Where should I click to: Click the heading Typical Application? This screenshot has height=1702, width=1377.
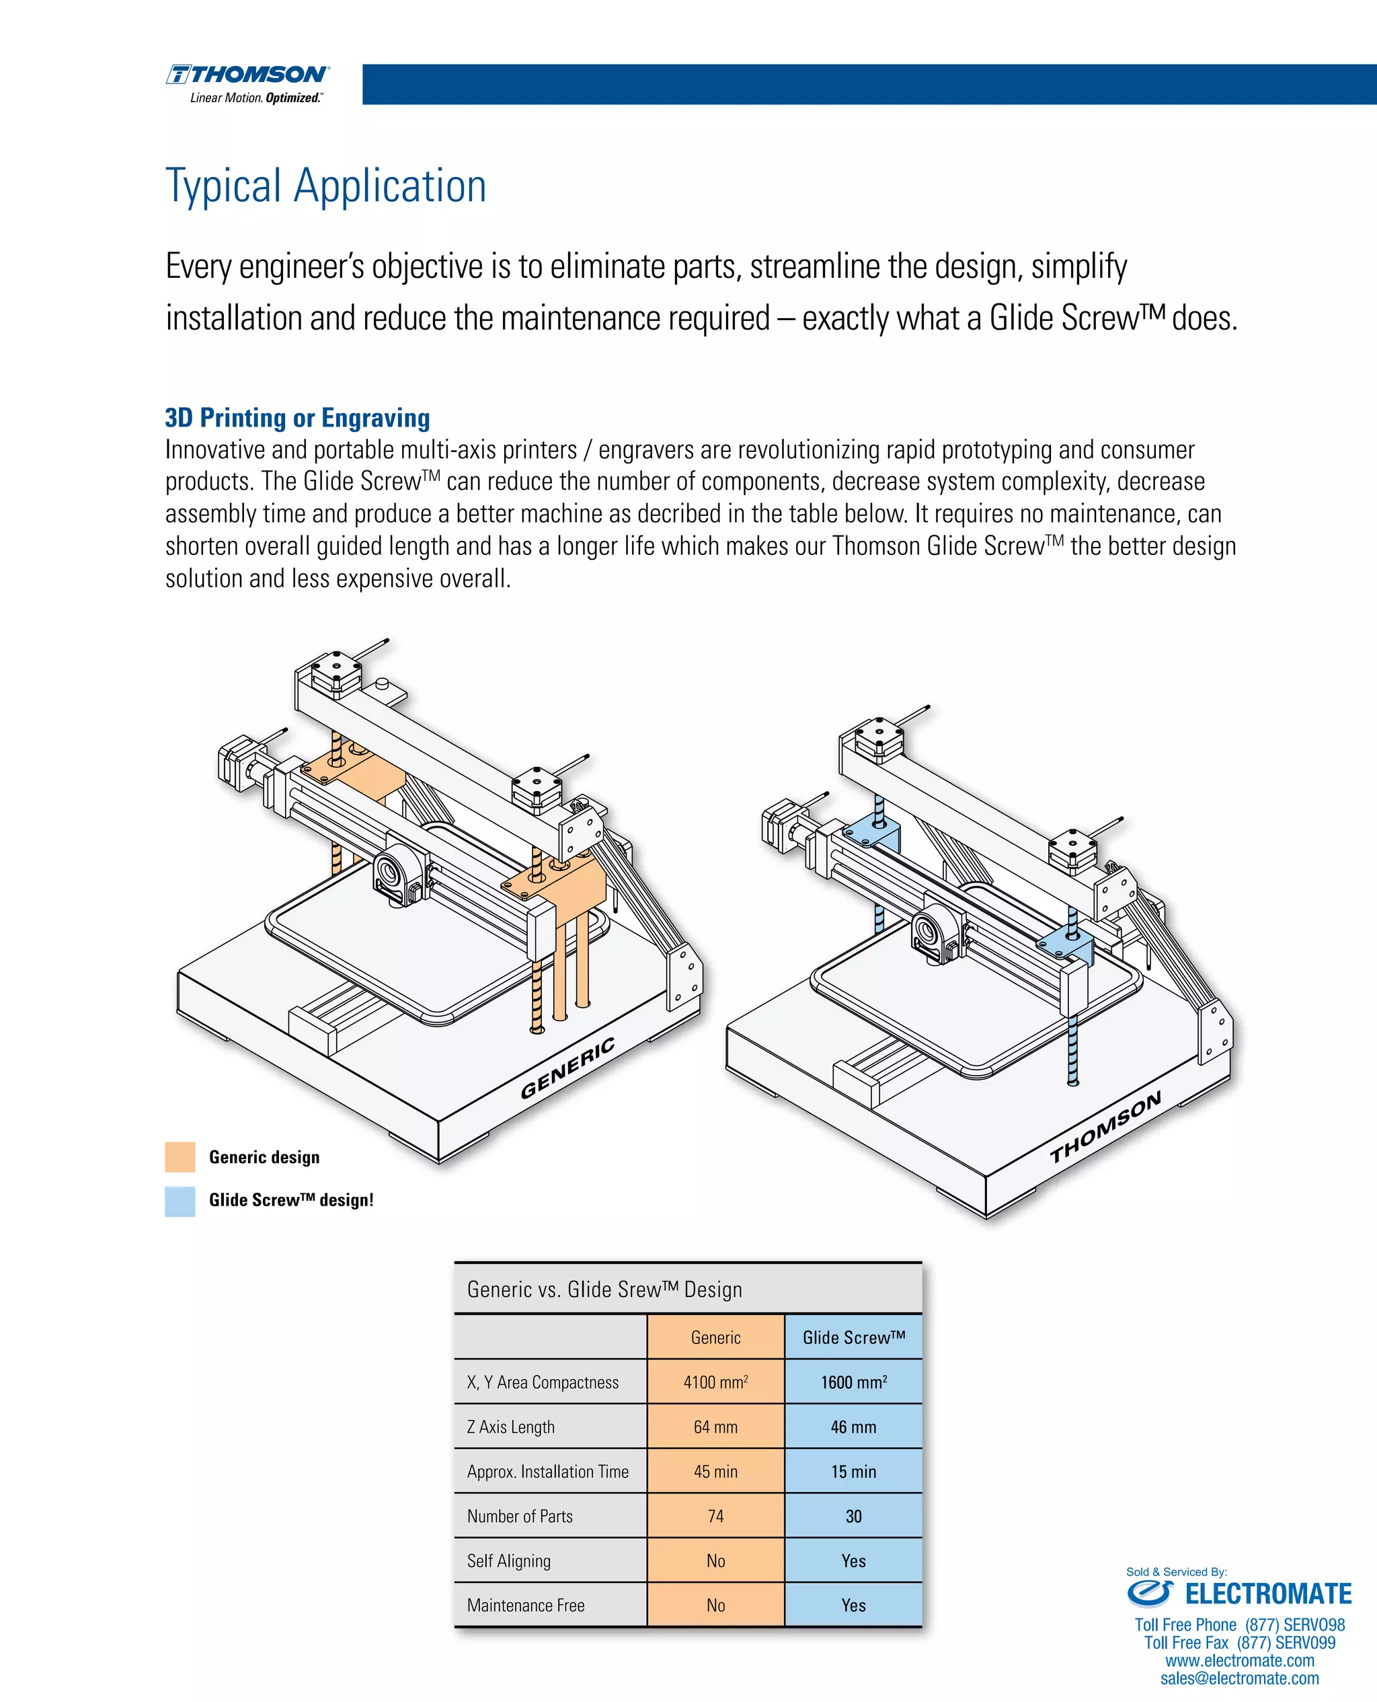[x=325, y=186]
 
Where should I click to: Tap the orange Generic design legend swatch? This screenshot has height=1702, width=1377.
[x=180, y=1157]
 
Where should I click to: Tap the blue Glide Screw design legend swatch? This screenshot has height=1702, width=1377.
[x=180, y=1201]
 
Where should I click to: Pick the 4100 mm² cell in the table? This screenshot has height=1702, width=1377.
[x=715, y=1382]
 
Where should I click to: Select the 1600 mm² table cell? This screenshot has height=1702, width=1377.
[x=853, y=1382]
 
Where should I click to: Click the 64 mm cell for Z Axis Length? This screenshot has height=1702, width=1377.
[x=715, y=1427]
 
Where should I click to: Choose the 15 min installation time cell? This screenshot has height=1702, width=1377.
[x=853, y=1471]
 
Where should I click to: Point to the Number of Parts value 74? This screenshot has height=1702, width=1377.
[x=715, y=1516]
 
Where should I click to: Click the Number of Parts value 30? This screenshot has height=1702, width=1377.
[x=853, y=1516]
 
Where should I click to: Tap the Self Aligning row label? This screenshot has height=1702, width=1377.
[x=508, y=1561]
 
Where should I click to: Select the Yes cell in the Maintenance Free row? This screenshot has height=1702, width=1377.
[x=853, y=1605]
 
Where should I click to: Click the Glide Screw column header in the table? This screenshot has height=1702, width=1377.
[x=853, y=1338]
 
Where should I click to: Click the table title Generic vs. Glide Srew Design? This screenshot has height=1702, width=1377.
[x=604, y=1290]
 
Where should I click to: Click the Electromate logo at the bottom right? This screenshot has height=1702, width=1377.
[x=1239, y=1593]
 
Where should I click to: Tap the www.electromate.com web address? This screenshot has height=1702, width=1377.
[x=1239, y=1661]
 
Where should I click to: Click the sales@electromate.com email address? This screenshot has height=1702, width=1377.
[x=1239, y=1678]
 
